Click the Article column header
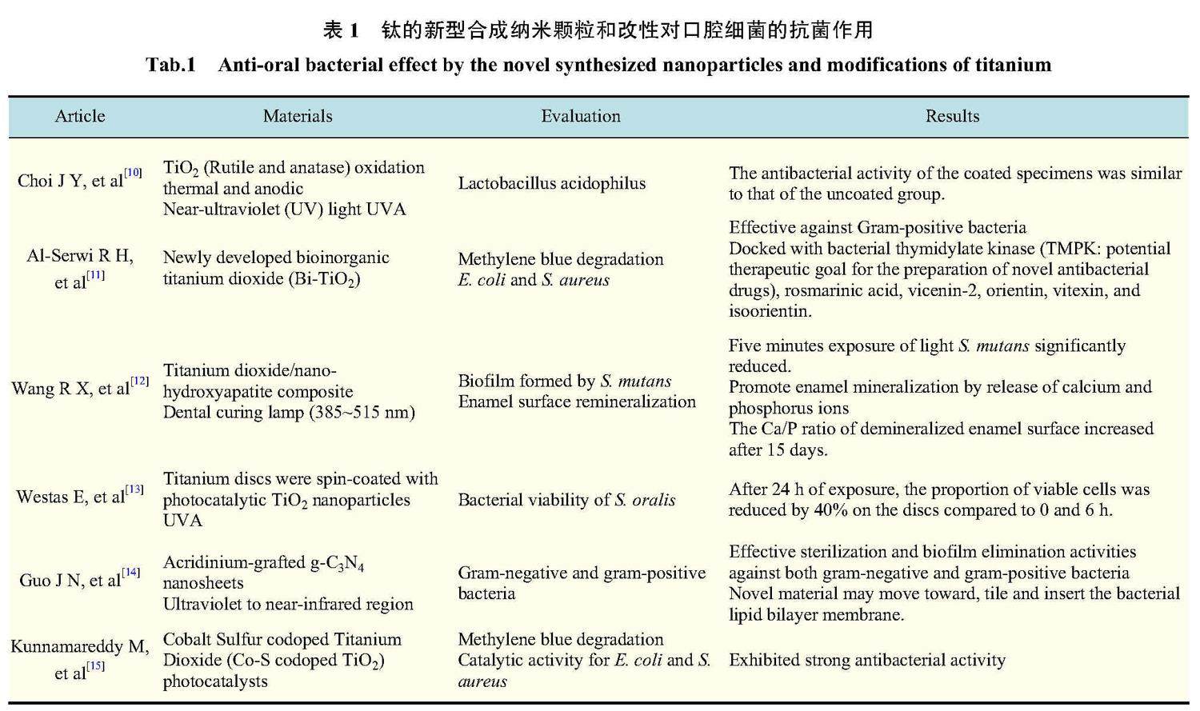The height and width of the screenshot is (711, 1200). point(80,116)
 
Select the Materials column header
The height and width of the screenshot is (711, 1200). point(298,116)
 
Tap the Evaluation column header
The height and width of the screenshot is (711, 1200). point(581,116)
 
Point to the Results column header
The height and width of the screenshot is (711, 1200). point(952,116)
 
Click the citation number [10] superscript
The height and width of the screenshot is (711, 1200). point(134,173)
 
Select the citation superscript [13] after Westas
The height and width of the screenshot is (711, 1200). point(134,489)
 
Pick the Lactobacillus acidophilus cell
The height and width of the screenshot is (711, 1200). point(551,183)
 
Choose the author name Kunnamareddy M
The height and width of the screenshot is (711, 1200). point(80,646)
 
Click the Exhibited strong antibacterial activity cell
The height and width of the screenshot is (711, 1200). point(866,660)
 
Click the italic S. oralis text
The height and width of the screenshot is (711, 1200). point(645,500)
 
